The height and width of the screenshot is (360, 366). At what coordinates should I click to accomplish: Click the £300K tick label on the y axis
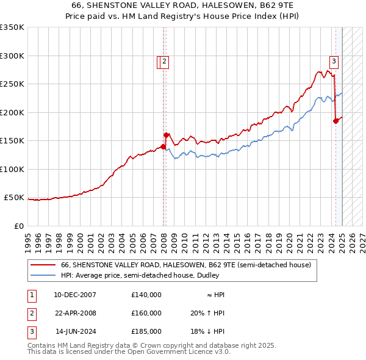coord(12,56)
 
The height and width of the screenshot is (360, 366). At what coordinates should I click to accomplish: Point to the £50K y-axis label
coord(14,198)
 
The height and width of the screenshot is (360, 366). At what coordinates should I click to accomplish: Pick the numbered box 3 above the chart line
coord(334,61)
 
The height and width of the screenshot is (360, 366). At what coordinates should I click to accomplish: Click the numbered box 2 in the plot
coord(165,61)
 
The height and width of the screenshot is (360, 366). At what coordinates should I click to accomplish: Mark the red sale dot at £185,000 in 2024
coord(335,121)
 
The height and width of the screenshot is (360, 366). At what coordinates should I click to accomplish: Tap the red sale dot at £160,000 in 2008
coord(166,135)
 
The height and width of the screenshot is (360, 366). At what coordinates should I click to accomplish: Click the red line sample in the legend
coord(43,265)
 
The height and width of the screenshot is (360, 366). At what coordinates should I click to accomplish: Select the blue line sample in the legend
coord(43,275)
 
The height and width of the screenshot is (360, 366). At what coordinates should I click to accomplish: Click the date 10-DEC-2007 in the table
coord(74,295)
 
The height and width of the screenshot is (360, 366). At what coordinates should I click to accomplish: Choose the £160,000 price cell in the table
coord(146,313)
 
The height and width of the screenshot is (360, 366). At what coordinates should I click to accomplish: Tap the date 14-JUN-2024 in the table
coord(76,331)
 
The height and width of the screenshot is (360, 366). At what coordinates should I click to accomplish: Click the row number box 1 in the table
coord(31,295)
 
